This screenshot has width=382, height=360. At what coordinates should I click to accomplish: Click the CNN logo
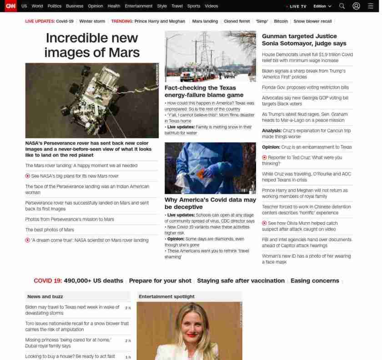coord(10,6)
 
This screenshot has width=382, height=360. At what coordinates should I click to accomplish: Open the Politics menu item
coord(54,6)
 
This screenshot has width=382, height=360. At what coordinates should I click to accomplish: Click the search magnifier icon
coord(342,6)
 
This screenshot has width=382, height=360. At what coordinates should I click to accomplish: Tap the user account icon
coord(356,6)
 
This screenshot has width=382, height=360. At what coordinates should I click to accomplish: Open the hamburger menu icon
coord(370,6)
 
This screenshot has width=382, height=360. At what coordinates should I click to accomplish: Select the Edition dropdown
coord(322,6)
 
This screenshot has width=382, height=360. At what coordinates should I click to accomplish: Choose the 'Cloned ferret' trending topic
coord(236,21)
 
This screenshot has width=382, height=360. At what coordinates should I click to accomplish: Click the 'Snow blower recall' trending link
coord(312,21)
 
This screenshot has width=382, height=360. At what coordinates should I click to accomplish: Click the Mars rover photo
coord(92,100)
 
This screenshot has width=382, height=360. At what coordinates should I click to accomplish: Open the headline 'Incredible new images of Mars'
coord(92,45)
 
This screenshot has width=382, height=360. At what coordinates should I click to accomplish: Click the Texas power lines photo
coord(210,56)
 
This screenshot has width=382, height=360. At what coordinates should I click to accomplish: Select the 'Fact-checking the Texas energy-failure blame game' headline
coord(204,91)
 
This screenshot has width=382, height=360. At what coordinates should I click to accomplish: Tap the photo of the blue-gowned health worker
coord(210,168)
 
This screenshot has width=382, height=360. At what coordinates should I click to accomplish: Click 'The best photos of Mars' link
coord(50,230)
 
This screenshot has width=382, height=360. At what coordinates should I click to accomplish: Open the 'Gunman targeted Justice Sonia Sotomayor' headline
coord(304,40)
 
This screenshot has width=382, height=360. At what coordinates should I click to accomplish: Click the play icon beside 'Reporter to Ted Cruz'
coord(264,157)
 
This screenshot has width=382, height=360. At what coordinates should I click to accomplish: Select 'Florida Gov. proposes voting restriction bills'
coord(305,87)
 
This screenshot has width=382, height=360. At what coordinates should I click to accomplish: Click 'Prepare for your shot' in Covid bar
coord(160,281)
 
